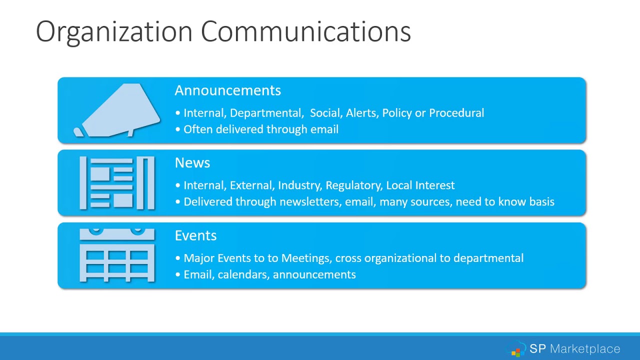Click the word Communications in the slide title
click(305, 32)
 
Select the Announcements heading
click(227, 90)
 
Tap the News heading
click(192, 163)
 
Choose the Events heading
click(195, 235)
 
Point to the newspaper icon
click(117, 182)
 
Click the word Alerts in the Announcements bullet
click(361, 113)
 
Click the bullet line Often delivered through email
click(260, 129)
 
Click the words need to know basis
click(505, 202)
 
